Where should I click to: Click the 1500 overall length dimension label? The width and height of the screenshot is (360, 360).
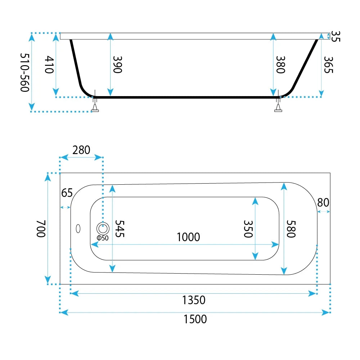195,319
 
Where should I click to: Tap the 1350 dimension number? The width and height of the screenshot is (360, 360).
194,300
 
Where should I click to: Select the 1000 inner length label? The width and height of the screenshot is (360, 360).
188,237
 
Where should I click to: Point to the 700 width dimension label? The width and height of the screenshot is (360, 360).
41,229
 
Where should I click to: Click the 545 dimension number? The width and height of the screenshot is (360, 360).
120,229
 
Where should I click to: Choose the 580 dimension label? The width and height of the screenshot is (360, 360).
291,229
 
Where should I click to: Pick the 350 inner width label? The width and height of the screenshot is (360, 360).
248,229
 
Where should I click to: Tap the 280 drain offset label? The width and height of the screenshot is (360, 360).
81,150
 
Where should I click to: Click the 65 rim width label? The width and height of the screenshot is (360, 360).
67,193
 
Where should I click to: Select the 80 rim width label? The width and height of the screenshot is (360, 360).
323,202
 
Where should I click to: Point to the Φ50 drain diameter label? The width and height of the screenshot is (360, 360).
103,238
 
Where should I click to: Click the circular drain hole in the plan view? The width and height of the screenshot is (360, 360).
103,229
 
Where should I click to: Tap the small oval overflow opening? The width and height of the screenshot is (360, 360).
78,229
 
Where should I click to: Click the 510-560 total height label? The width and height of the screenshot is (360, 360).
25,73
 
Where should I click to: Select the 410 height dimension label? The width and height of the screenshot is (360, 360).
49,64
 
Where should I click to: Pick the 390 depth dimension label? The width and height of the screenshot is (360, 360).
118,65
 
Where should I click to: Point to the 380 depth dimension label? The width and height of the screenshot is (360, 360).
280,65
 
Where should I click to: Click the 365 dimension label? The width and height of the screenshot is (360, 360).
328,65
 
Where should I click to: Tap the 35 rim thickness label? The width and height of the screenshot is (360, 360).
336,36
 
